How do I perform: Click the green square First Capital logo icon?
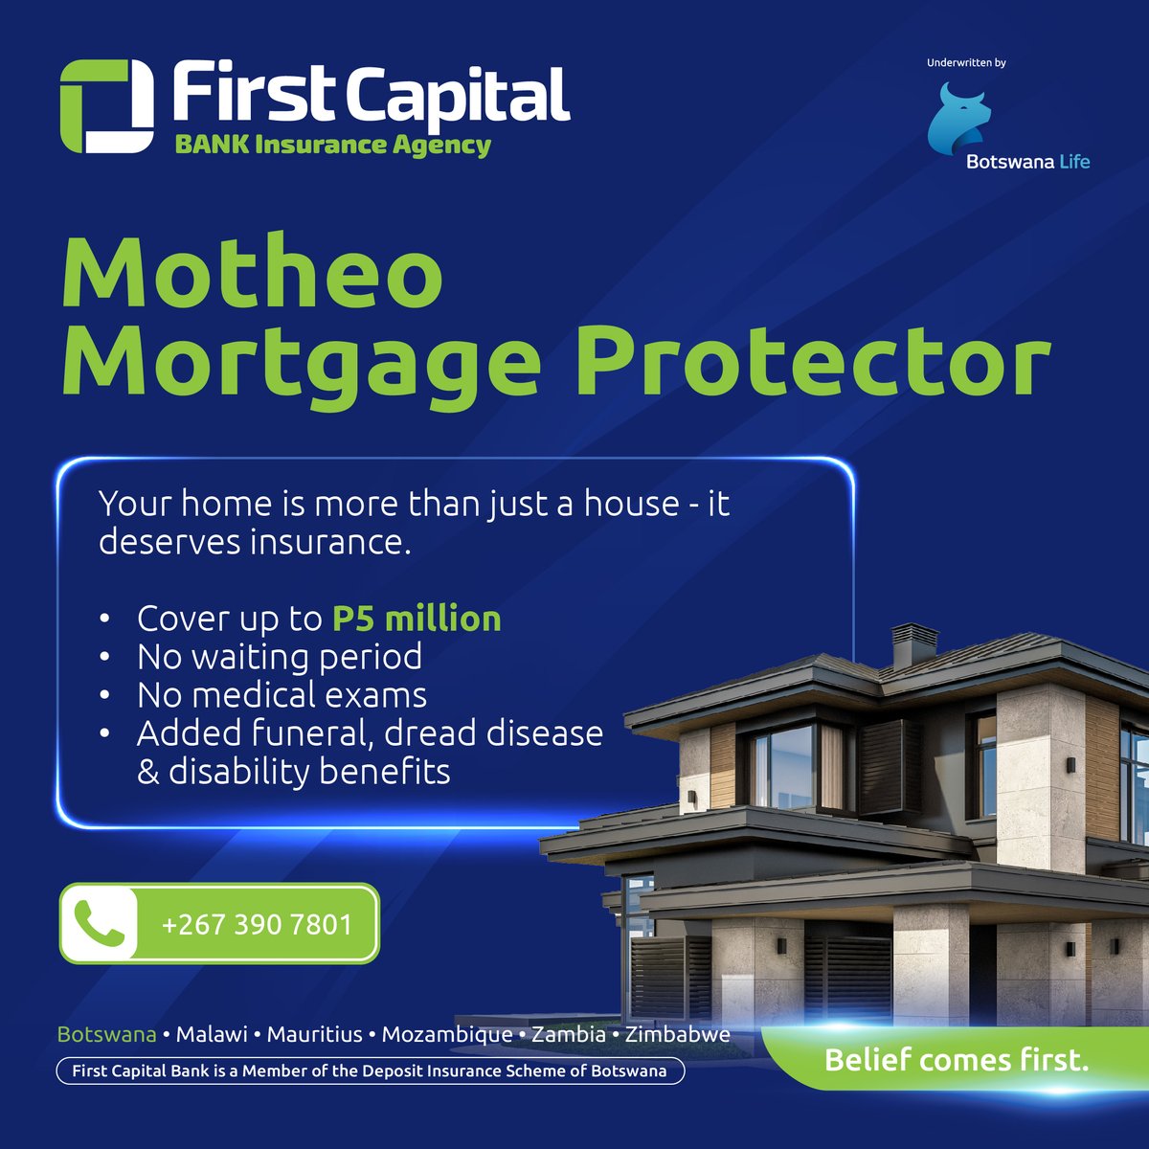(x=106, y=106)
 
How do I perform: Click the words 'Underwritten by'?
(x=966, y=63)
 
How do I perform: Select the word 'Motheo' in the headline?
(x=253, y=275)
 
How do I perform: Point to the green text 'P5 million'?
(x=417, y=619)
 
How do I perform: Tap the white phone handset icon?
(x=100, y=924)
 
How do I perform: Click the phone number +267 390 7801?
(x=257, y=925)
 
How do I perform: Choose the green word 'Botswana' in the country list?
(x=107, y=1034)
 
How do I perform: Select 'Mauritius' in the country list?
(x=314, y=1034)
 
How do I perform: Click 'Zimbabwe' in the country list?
(x=677, y=1034)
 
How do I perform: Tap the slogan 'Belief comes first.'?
(x=957, y=1060)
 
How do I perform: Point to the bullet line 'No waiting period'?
(x=279, y=657)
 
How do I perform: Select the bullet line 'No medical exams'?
(x=282, y=695)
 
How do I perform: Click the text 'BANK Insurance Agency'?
(x=332, y=146)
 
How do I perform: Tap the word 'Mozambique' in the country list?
(x=446, y=1034)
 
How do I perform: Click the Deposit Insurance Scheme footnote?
(x=370, y=1070)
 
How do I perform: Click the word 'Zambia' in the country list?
(x=569, y=1034)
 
